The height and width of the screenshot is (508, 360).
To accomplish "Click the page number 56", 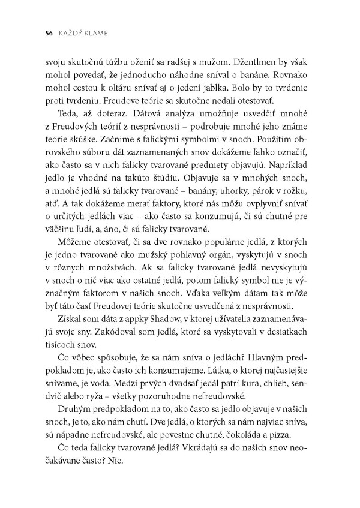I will pos(41,34).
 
